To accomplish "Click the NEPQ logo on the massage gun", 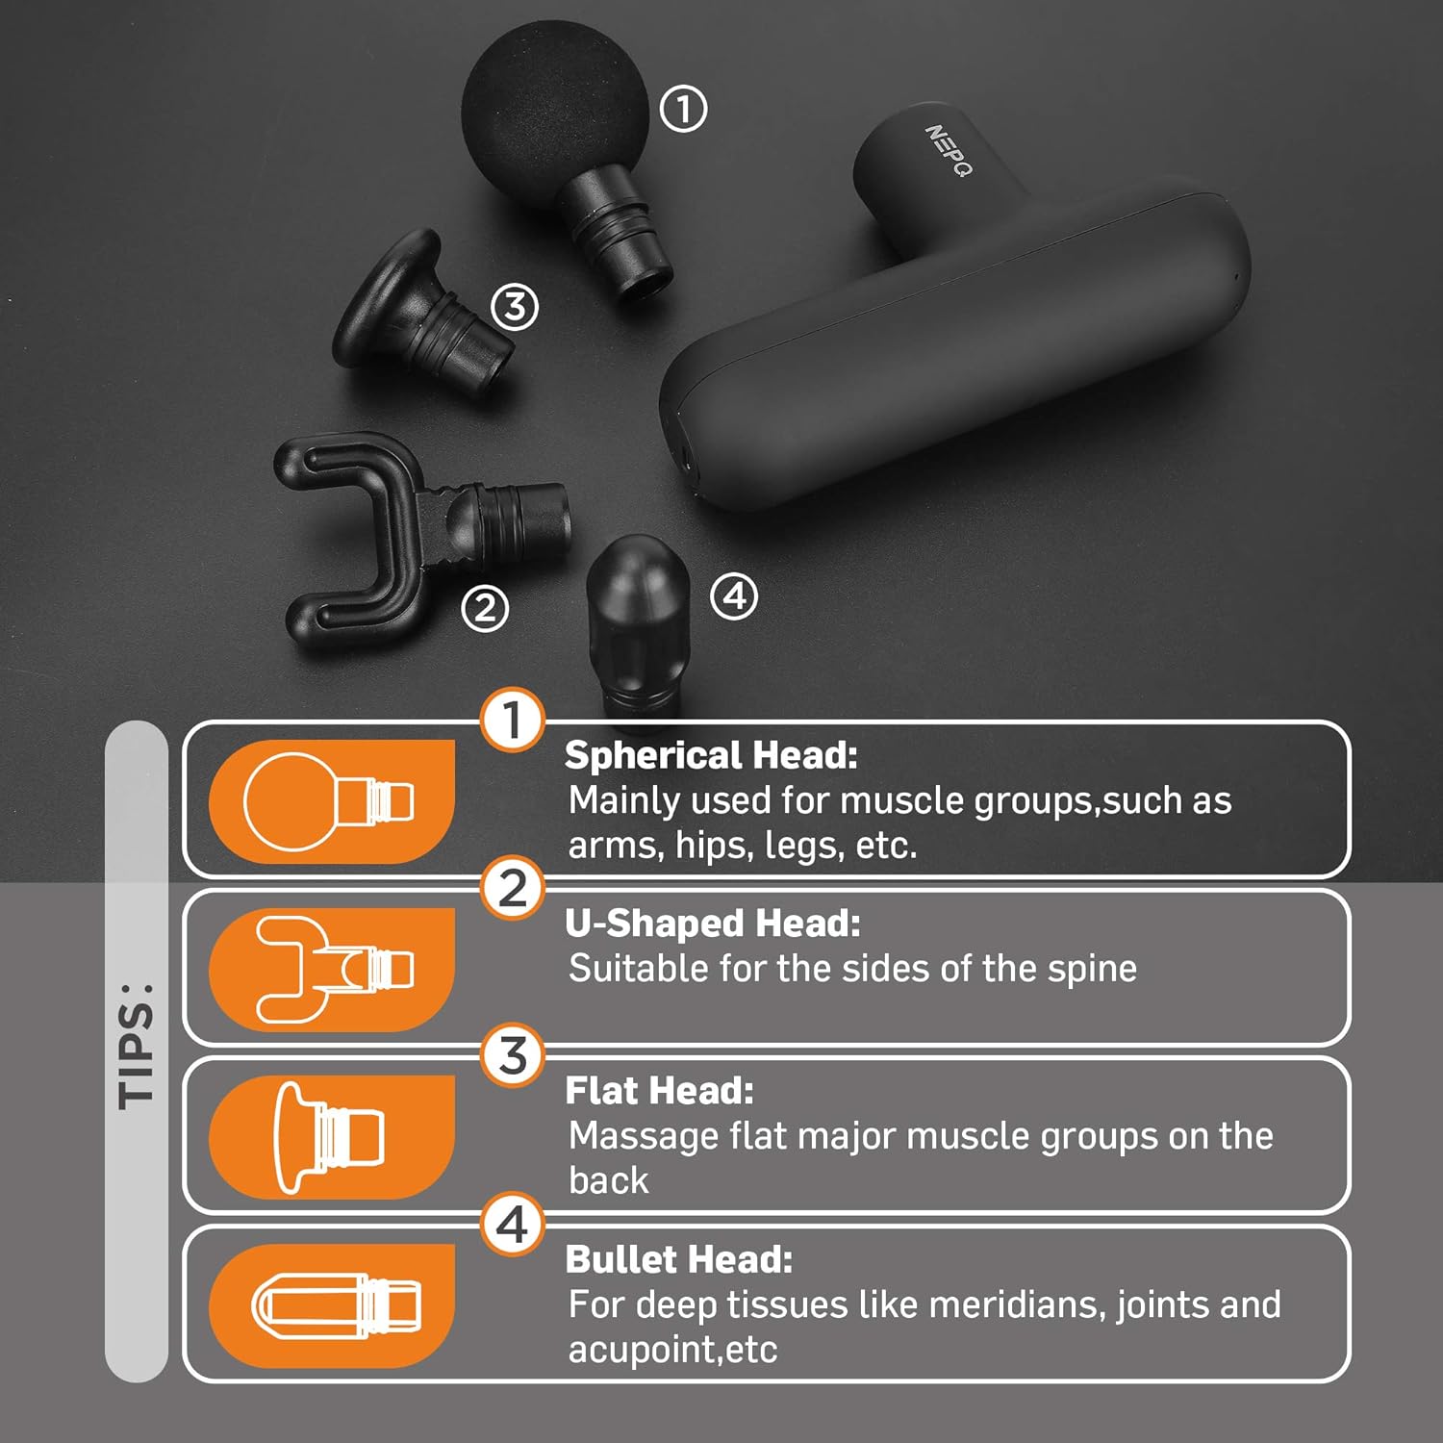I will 949,150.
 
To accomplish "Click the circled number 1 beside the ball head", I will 683,109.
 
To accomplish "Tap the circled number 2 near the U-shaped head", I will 484,608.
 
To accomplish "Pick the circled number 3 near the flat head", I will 515,307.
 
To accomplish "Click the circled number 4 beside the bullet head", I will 734,596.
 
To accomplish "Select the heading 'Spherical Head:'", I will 711,755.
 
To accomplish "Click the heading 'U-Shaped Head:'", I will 713,924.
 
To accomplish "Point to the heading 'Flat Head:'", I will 659,1091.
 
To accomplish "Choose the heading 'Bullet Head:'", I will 679,1259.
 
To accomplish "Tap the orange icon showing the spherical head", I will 332,800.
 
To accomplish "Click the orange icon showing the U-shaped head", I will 332,969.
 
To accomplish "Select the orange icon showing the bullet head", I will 332,1305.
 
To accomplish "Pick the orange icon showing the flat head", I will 332,1137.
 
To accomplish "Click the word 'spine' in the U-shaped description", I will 1092,970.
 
